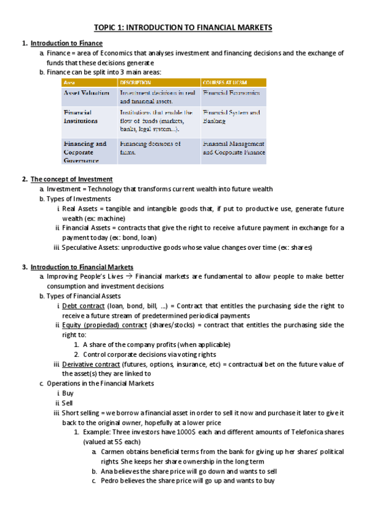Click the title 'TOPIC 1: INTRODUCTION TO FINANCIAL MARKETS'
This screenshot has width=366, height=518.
tap(183, 27)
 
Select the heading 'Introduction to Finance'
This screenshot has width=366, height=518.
tap(67, 43)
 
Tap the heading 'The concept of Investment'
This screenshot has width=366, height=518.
tap(71, 179)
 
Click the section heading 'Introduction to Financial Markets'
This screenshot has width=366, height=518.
tap(82, 267)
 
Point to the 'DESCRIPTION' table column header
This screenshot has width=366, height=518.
tap(136, 82)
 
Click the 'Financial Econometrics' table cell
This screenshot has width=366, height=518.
tap(232, 93)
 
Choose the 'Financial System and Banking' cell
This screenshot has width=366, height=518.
tap(232, 117)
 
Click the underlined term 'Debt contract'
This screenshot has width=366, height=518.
tap(83, 305)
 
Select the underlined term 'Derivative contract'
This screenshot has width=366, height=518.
tap(90, 364)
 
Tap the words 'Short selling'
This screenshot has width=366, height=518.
tap(80, 413)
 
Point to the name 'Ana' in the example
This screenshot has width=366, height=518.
tap(107, 471)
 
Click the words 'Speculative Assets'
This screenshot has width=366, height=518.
tap(89, 247)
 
